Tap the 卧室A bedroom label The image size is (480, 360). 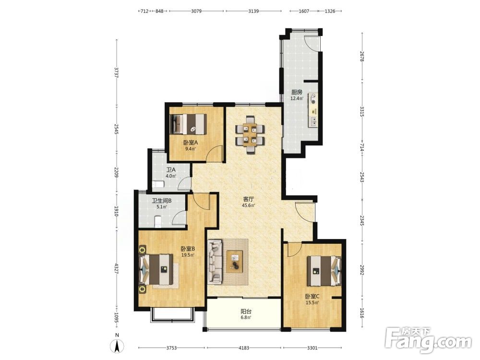point(191,143)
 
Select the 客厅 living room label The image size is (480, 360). point(249,199)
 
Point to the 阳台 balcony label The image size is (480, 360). point(246,312)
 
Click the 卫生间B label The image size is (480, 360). point(162,201)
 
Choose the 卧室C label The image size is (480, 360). point(312,296)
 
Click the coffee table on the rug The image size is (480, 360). point(235,261)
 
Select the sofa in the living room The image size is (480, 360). point(215,262)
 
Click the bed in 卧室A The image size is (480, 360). point(188,124)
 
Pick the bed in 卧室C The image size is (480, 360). point(324,271)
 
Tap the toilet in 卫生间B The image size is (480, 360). point(157,222)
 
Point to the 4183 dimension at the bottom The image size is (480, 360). point(244,348)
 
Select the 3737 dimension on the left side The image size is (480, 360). point(116,73)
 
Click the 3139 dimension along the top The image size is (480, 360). point(253,11)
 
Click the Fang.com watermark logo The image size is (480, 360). point(428,340)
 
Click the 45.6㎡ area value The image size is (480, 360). point(249,205)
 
